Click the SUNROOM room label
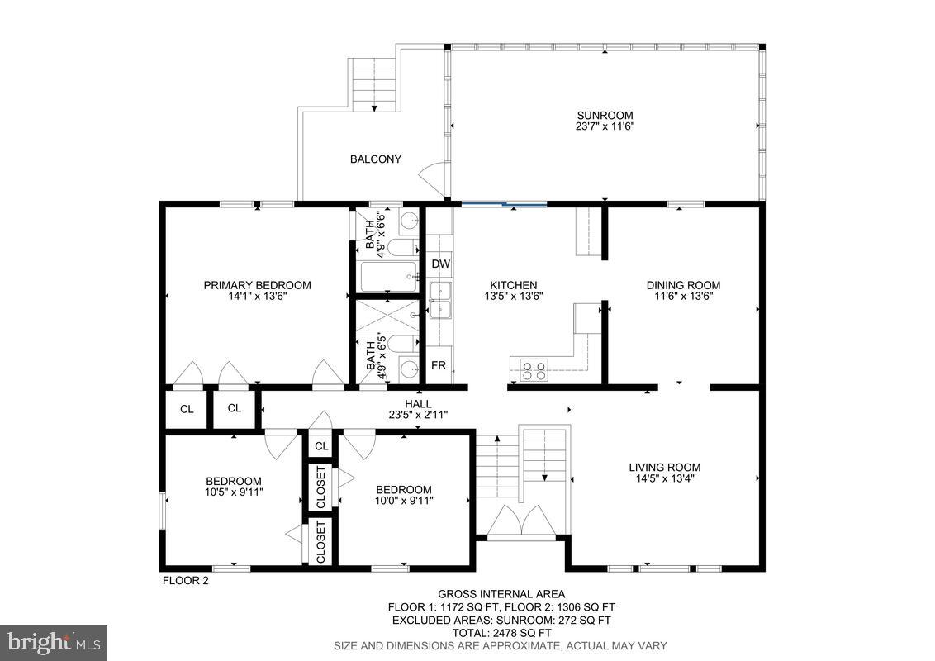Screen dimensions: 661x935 [x=605, y=116]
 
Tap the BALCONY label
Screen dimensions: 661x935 [x=375, y=159]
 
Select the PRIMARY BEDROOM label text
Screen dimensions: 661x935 [x=257, y=285]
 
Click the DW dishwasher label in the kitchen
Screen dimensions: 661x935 [x=440, y=264]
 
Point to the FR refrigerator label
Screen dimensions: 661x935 [x=439, y=365]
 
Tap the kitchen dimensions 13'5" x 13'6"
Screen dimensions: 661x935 [x=513, y=296]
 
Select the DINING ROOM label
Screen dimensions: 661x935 [x=682, y=285]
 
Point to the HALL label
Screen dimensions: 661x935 [x=418, y=404]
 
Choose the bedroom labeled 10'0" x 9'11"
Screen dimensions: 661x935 [x=404, y=499]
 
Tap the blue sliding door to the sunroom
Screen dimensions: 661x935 [x=504, y=203]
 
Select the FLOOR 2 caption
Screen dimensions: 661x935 [x=185, y=581]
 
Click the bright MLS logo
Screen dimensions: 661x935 [x=54, y=642]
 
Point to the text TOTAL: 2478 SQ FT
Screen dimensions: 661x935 [x=501, y=632]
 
